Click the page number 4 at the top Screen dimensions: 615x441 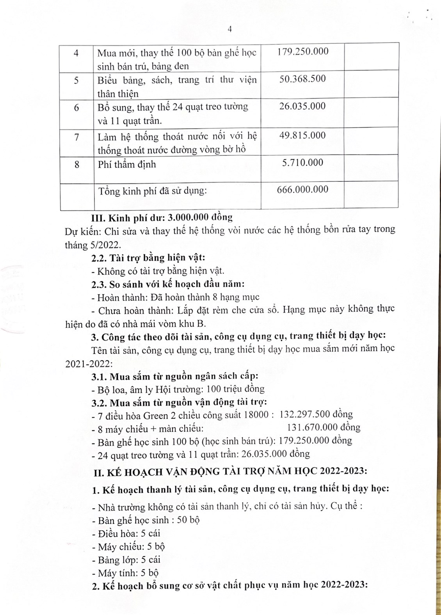(x=229, y=30)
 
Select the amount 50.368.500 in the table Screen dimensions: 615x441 (x=302, y=79)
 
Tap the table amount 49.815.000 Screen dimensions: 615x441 (x=302, y=135)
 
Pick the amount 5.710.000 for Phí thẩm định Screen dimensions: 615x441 (x=302, y=163)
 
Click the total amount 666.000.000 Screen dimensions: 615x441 (x=302, y=190)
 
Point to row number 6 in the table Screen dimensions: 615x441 (x=76, y=108)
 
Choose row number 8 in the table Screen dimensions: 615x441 (x=76, y=165)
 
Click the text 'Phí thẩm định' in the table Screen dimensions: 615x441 (x=126, y=164)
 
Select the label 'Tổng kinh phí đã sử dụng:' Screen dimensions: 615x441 (x=152, y=191)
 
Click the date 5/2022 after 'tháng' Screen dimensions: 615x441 (x=106, y=245)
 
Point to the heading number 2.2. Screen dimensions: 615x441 (x=99, y=258)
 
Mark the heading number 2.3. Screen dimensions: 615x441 (x=99, y=284)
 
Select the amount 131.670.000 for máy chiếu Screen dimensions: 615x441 (x=312, y=428)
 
